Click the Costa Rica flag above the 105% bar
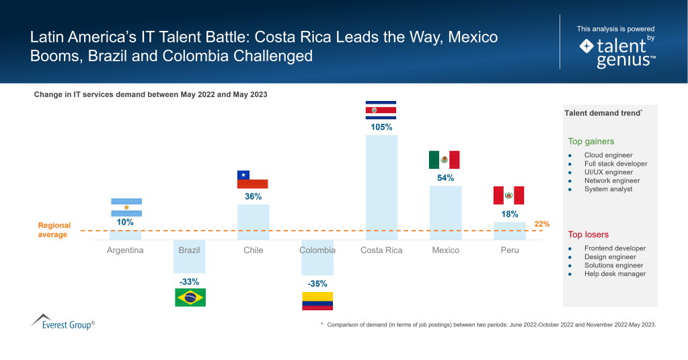coord(381,109)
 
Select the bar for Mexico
coord(445,212)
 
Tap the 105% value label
coord(381,127)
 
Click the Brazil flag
coord(190,297)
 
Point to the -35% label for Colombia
coord(317,283)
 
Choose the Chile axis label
coord(253,250)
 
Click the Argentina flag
coord(126,207)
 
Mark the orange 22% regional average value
coord(542,223)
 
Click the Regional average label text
coord(54,230)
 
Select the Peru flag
coord(509,195)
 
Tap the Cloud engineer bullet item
coord(608,155)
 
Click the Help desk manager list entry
coord(615,274)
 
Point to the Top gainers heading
coord(591,141)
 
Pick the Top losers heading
coord(588,234)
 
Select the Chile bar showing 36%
coord(253,222)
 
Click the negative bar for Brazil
coord(190,256)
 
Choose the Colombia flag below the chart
coord(317,301)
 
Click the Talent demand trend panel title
coord(603,114)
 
